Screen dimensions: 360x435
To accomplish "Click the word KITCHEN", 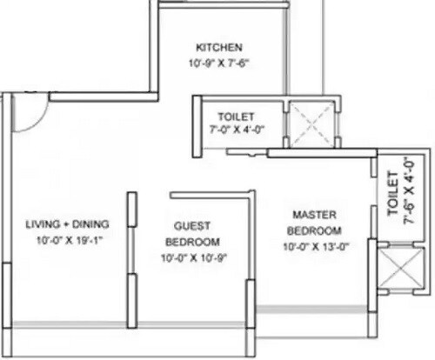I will tap(219, 47).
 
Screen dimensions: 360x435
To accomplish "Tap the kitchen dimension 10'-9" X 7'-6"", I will tap(218, 63).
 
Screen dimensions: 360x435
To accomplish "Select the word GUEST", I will tap(190, 224).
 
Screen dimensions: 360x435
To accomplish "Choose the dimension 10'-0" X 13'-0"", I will tap(315, 247).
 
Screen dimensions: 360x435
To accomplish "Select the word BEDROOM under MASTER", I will tap(315, 230).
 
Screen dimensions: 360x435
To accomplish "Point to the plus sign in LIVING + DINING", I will tap(60, 224).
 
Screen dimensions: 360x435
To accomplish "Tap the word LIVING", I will tap(38, 224).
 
